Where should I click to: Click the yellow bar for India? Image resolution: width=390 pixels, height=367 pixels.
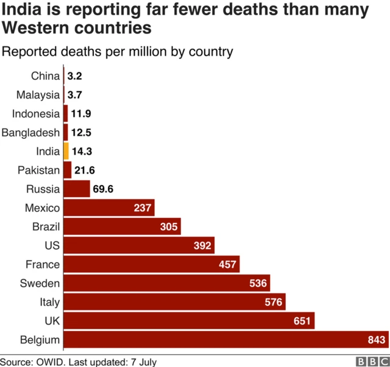click(x=66, y=151)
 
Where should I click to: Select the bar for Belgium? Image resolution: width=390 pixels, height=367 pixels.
click(x=219, y=340)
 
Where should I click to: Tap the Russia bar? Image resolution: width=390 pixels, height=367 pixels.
click(x=76, y=189)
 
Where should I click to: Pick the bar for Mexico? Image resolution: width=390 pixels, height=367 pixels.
click(x=104, y=208)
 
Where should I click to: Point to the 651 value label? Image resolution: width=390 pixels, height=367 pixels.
click(x=301, y=321)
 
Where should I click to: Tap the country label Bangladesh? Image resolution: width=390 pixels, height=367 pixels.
click(x=31, y=132)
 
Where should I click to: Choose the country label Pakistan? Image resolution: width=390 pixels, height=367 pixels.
click(x=39, y=170)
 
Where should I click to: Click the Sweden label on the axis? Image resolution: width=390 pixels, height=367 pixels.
click(x=40, y=283)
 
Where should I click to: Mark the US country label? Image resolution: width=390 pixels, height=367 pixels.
click(x=52, y=245)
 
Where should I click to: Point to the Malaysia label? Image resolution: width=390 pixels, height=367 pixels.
click(x=37, y=95)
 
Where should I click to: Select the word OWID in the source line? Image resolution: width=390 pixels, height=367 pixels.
click(x=53, y=362)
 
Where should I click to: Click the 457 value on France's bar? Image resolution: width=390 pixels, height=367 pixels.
click(x=226, y=264)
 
